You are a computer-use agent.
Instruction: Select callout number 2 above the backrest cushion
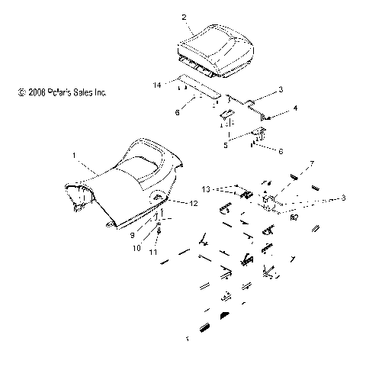coord(184,16)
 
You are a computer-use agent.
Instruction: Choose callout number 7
coord(290,165)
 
